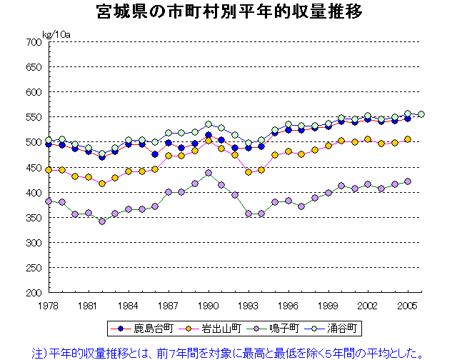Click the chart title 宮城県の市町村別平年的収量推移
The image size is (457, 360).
[229, 12]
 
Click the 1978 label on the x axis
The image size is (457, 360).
[49, 306]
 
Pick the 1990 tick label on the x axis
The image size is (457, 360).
[209, 306]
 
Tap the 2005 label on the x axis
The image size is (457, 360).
[408, 306]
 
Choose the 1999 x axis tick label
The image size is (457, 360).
[328, 306]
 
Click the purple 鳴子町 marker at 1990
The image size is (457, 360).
[209, 173]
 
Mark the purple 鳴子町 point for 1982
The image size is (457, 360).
[102, 221]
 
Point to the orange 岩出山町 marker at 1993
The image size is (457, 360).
[248, 172]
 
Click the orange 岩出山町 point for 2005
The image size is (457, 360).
[408, 139]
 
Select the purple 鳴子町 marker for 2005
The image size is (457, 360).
[408, 181]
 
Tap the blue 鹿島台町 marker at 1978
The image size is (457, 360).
[49, 144]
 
